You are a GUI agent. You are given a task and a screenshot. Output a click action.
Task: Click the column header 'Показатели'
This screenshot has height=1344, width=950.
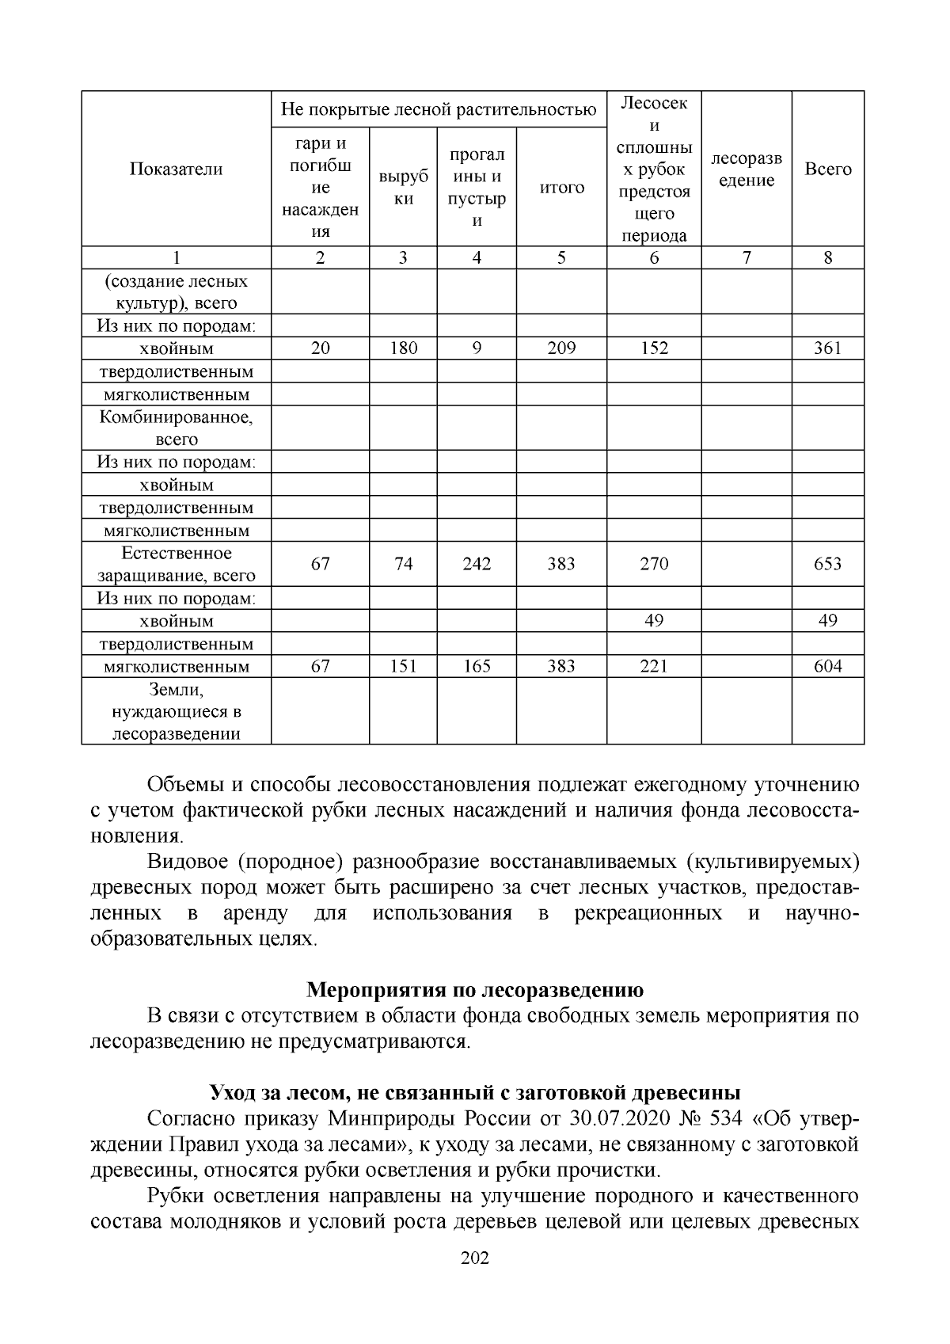(176, 169)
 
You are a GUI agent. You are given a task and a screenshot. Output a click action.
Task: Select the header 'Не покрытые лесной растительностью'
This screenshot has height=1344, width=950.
(439, 109)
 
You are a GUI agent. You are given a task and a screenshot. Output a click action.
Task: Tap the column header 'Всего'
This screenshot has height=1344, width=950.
(827, 169)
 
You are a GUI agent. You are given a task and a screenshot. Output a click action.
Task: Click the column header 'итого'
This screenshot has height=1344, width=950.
(561, 188)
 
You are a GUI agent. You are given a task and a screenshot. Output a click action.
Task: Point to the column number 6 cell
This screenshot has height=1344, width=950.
(654, 257)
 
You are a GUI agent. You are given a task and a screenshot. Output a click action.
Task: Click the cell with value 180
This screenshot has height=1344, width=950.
(403, 348)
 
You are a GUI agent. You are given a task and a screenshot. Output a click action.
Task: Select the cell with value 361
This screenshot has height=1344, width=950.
(827, 348)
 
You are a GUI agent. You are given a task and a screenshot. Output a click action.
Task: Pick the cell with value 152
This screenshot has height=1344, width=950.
(654, 348)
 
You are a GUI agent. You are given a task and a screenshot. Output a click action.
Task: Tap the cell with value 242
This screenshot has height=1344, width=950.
(477, 564)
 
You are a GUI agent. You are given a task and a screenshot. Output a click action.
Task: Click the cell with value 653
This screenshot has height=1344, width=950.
(827, 564)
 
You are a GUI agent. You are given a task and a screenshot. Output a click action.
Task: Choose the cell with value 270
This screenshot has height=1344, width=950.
(654, 564)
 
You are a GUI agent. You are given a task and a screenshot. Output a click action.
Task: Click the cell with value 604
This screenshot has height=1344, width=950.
(827, 667)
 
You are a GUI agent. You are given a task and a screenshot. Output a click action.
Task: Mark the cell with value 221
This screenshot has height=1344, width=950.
(654, 667)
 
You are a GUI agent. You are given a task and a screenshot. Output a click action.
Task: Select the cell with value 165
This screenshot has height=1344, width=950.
(477, 667)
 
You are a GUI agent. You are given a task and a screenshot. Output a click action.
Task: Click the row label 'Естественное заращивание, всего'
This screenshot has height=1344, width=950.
(176, 564)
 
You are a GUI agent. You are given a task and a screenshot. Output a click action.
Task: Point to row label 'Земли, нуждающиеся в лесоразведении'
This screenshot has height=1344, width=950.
(176, 711)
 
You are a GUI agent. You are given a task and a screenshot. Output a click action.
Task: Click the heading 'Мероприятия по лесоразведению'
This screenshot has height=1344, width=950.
(475, 990)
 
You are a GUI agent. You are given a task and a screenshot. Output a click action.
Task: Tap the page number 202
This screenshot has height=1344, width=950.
(475, 1258)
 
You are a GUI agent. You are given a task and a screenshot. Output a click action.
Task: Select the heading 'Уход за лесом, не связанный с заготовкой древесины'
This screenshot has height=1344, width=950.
(475, 1093)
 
